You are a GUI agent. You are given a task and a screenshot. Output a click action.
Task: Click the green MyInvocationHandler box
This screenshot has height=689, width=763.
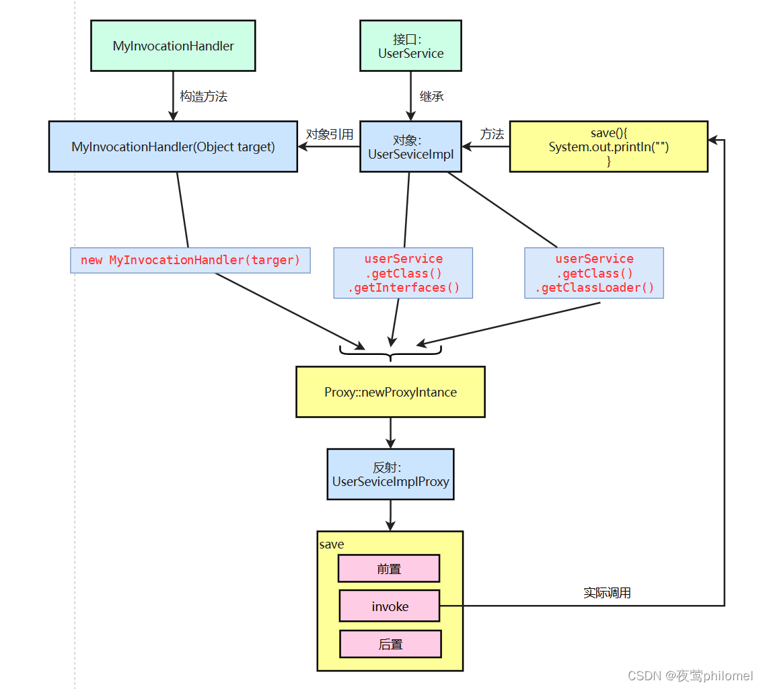coord(173,46)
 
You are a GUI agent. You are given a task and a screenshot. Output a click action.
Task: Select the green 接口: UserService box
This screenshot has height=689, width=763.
coord(410,46)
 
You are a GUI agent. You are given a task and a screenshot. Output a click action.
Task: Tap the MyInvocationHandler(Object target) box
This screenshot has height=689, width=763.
coord(173,147)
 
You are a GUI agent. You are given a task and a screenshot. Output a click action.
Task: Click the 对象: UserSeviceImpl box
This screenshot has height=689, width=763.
coord(410,147)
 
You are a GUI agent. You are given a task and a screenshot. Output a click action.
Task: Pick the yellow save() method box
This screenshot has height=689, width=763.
coord(608,147)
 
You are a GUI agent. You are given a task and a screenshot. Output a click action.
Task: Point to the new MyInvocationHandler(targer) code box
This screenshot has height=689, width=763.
coord(190,260)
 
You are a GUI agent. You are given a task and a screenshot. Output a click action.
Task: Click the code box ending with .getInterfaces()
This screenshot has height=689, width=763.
coord(403,273)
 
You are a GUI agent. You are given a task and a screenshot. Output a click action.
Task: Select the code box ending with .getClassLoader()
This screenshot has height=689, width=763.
coord(594,273)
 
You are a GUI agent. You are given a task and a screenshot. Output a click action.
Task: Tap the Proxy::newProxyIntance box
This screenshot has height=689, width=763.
coord(390,392)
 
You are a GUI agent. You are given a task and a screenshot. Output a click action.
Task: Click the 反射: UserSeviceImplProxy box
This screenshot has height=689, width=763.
coord(390,475)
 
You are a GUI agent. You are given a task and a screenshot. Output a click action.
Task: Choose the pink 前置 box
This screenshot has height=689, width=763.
coord(389,569)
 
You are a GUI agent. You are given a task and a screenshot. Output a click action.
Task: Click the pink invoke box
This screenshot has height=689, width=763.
coord(390,606)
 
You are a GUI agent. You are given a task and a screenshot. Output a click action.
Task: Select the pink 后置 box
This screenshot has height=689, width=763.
coord(390,644)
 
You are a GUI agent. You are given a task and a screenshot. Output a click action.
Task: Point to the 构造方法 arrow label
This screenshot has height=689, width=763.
coord(203,97)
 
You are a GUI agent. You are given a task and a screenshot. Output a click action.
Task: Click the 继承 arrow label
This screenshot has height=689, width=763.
coord(431,97)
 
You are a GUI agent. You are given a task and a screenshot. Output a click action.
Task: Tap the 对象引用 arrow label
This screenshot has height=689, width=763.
coord(329,134)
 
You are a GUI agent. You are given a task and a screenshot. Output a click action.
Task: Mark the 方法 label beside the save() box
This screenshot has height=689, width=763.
coord(492,134)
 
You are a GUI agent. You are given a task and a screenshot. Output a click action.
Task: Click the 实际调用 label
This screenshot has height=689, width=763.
coord(607,593)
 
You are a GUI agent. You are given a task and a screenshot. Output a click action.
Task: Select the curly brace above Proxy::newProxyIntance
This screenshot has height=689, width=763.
coord(390,352)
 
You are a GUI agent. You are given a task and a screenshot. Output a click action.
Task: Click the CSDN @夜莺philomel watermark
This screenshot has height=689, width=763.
coord(690,676)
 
